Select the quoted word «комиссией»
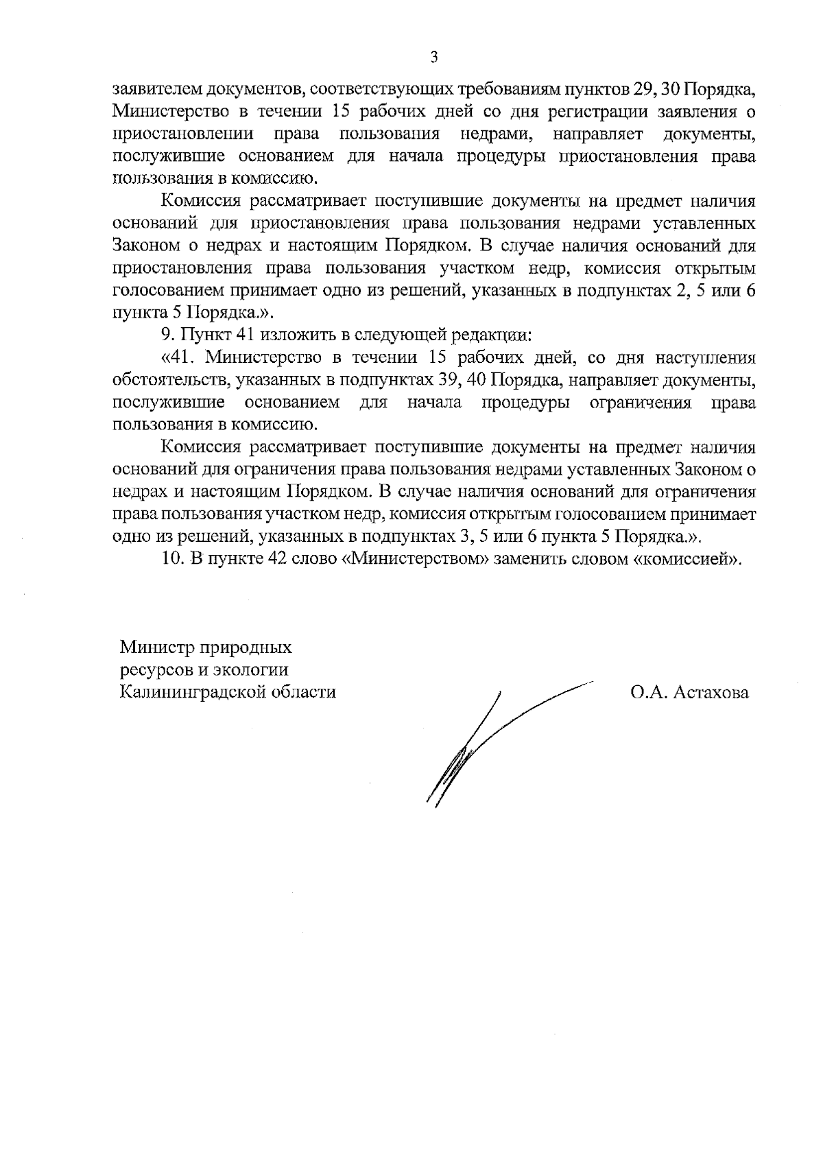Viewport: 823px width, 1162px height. pyautogui.click(x=687, y=558)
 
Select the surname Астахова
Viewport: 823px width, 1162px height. pyautogui.click(x=711, y=692)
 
